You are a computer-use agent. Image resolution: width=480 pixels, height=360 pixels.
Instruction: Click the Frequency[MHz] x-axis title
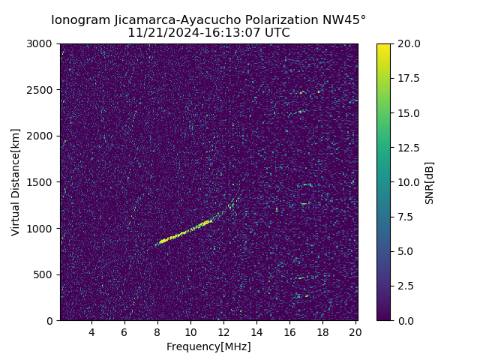click(208, 346)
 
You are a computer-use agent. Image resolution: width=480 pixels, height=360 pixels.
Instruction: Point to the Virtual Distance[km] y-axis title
click(16, 182)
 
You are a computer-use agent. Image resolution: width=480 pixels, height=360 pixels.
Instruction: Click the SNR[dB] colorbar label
click(430, 182)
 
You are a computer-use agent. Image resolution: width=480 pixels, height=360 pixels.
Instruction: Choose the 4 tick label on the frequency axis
click(91, 332)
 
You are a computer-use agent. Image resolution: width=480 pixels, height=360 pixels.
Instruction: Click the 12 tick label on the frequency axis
click(223, 332)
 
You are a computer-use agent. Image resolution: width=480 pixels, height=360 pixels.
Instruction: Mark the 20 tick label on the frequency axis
click(355, 332)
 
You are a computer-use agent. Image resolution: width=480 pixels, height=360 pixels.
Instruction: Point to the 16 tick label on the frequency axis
click(289, 332)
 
